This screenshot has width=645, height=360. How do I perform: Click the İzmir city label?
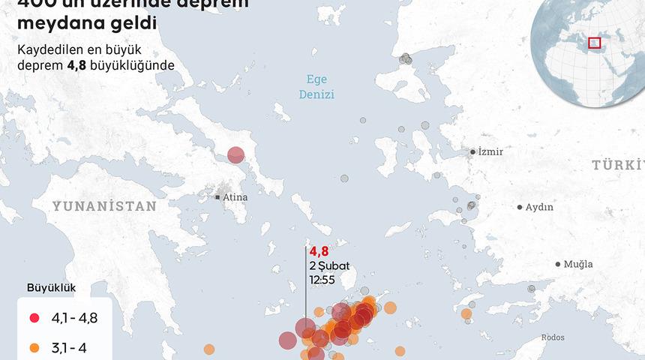pos(490,152)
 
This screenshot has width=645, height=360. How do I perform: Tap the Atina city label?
pos(235,197)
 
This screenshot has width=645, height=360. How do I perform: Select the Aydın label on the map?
pos(539,207)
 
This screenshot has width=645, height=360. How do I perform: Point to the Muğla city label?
pos(578,264)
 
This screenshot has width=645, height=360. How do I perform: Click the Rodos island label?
pos(552,337)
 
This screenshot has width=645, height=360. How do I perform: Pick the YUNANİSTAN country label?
pos(104,205)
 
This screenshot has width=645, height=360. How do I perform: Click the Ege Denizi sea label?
pos(316,87)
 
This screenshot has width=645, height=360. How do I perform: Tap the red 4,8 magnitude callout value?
pos(319,252)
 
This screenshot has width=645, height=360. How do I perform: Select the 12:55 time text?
pos(322,279)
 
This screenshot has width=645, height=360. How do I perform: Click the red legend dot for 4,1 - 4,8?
pos(34,318)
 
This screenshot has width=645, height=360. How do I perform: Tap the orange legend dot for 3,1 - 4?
pos(34,347)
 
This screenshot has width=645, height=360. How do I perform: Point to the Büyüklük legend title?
pos(51,287)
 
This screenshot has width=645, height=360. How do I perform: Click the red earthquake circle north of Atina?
pos(235,155)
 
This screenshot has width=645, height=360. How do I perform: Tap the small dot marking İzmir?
pos(472,151)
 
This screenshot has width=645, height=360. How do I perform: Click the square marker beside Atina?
pos(217,197)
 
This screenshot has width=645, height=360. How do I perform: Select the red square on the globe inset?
pos(594,43)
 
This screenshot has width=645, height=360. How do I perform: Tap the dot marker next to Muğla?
pos(558,264)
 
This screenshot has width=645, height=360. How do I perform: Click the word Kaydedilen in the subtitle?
pos(54,50)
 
